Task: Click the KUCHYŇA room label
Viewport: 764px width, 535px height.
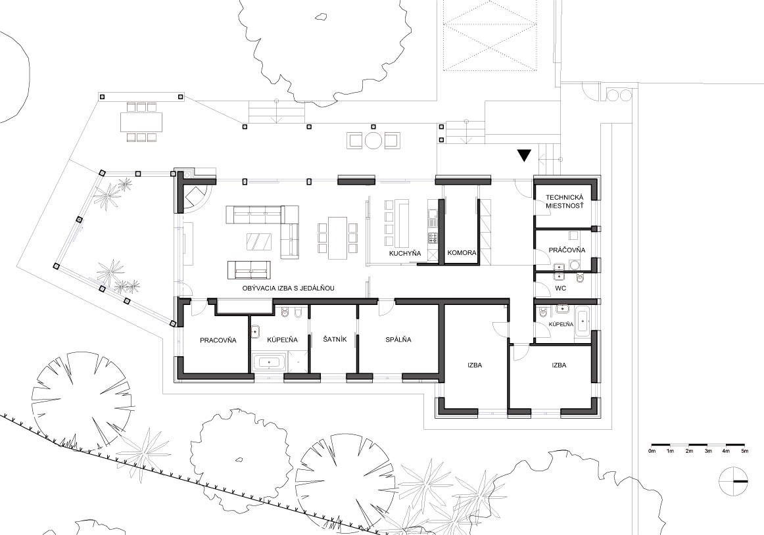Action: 405,254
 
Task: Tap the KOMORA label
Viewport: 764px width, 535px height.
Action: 462,254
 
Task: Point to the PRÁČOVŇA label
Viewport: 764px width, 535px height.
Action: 567,250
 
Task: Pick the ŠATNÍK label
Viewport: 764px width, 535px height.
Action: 335,339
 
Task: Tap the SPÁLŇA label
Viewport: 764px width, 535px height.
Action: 398,340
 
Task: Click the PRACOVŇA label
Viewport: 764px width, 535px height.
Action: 218,340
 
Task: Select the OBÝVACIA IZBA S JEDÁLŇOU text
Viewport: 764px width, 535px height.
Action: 289,289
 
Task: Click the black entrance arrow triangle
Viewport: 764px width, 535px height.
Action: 524,155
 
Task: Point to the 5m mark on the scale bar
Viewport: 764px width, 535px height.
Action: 744,451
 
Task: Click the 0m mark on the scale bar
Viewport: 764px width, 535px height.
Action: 652,451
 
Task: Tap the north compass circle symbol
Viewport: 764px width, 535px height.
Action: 733,481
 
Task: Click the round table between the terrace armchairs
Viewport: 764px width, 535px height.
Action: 373,141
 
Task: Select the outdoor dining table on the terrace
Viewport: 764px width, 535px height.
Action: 142,122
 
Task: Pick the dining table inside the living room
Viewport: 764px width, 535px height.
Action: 337,239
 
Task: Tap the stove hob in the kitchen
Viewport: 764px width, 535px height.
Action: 433,239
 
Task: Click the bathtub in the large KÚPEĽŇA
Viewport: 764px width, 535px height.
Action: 268,363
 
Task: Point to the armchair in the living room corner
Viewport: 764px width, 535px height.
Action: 195,197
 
